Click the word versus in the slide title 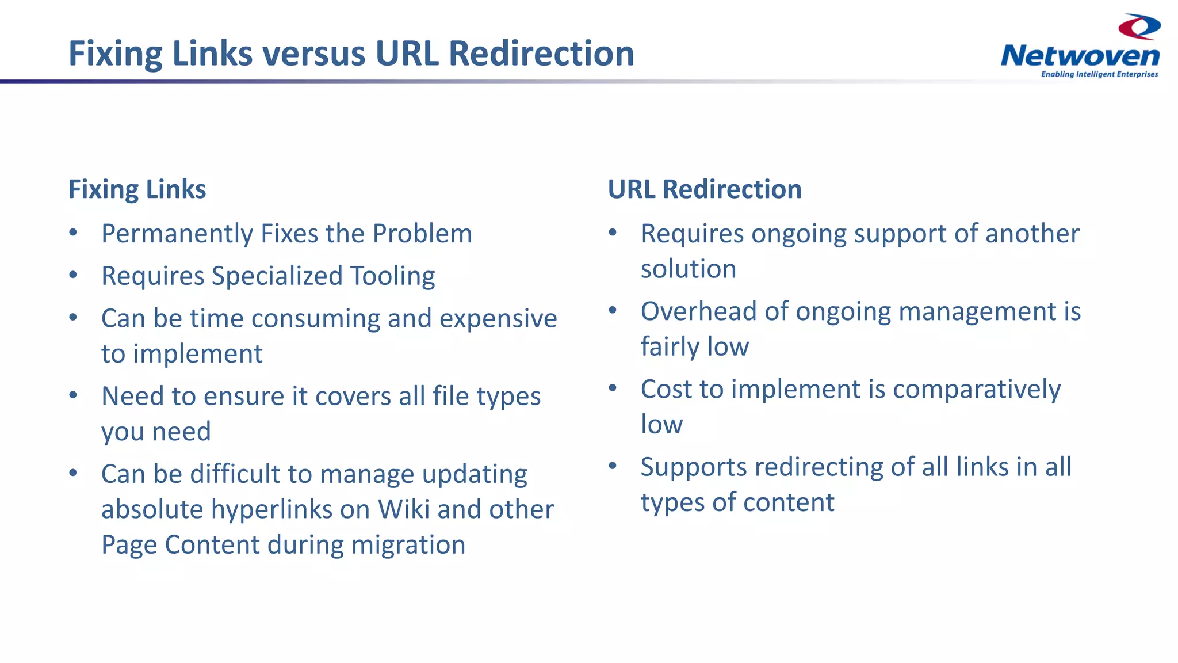(314, 54)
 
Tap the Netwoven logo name (1080, 56)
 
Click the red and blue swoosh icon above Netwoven (1139, 26)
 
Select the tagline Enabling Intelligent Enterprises (1099, 74)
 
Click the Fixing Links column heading (137, 189)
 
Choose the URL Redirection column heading (705, 189)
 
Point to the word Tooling (392, 276)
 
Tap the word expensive (498, 319)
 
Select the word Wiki (403, 509)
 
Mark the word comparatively (976, 390)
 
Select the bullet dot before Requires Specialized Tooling (73, 275)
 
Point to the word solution (688, 269)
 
